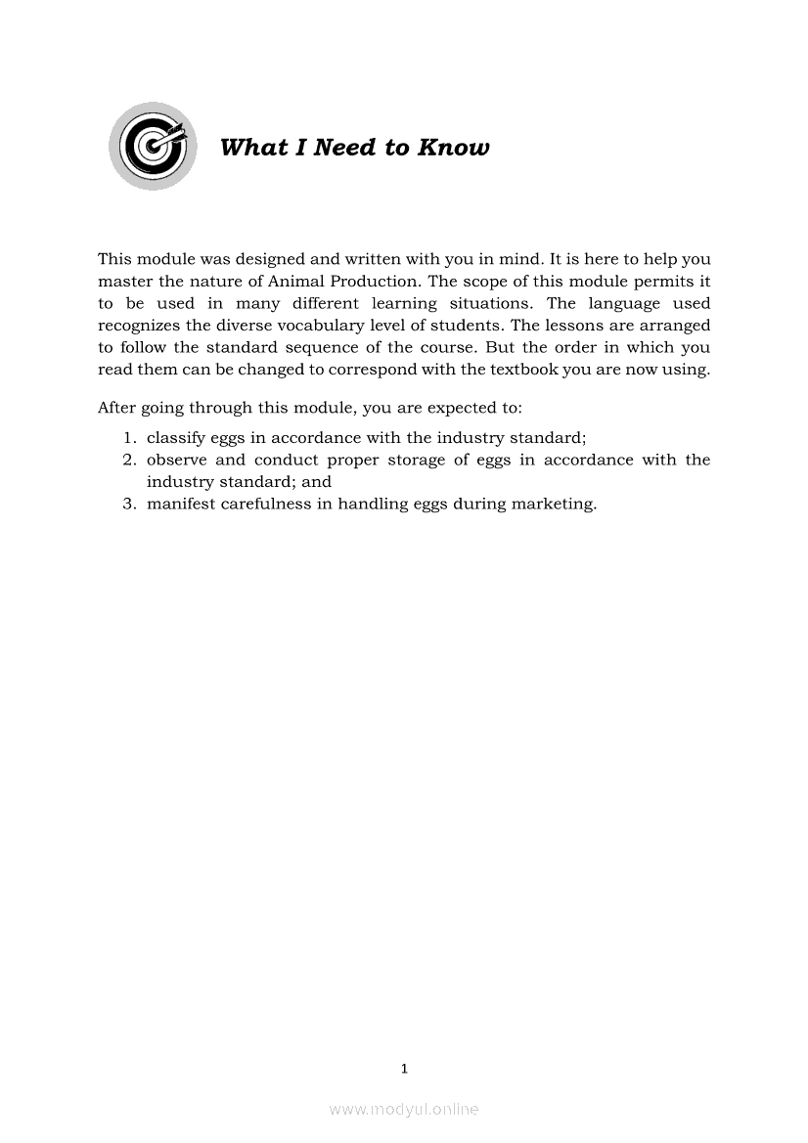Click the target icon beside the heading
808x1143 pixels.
[x=153, y=147]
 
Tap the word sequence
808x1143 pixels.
[x=328, y=348]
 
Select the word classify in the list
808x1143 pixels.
[x=175, y=438]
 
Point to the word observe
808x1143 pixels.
[x=176, y=460]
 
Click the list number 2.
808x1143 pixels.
[x=128, y=460]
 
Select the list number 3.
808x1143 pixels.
[x=128, y=505]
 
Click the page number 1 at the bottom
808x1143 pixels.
[x=404, y=1069]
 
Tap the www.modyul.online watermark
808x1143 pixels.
[x=404, y=1109]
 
